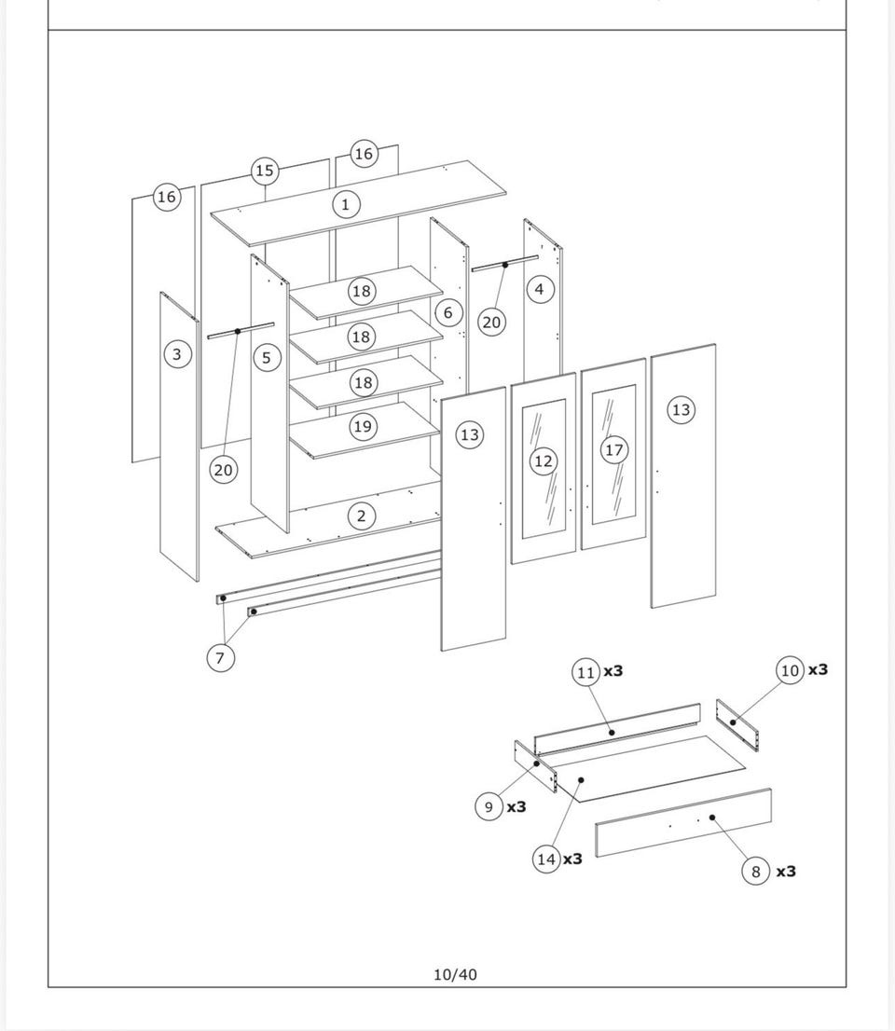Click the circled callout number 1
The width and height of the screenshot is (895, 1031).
[346, 204]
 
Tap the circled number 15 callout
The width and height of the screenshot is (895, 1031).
[265, 171]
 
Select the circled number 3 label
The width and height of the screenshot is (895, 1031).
[177, 354]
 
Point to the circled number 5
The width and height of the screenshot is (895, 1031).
[267, 358]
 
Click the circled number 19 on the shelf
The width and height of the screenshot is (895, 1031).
[363, 427]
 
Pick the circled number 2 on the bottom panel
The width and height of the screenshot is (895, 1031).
[361, 516]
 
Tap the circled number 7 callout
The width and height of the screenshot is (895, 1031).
[220, 657]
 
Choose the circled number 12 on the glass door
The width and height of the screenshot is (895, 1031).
[544, 461]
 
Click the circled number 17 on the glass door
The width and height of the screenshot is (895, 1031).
[614, 449]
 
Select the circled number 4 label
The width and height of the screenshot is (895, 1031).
[540, 289]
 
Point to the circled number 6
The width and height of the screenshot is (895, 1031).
[448, 312]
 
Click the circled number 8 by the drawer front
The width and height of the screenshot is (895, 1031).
[755, 872]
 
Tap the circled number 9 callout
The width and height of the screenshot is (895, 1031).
[489, 806]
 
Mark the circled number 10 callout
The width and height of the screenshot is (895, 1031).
[791, 670]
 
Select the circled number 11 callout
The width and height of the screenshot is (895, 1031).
[585, 672]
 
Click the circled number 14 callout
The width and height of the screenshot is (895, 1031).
[546, 859]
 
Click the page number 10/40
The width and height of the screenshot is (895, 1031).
[455, 974]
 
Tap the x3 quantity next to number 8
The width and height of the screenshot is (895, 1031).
[786, 872]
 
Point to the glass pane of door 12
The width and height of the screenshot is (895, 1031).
[544, 468]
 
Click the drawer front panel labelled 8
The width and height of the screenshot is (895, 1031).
[683, 822]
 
